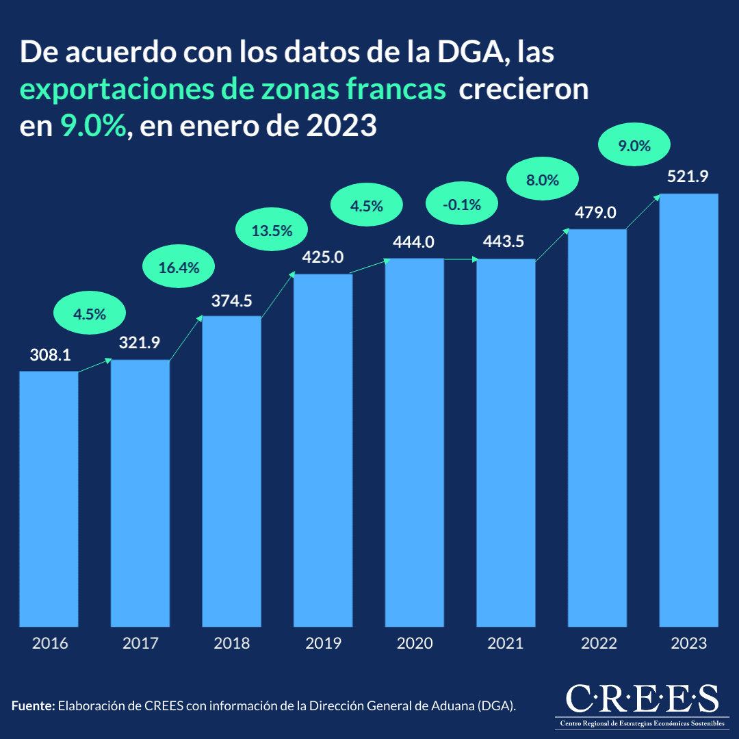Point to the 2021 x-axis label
pos(506,644)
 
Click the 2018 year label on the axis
pos(231,644)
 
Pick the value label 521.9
pos(688,177)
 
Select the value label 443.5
pos(506,242)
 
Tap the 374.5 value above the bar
pos(231,300)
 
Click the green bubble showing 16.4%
pos(179,268)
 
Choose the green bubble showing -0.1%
pos(462,205)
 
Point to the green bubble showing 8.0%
pos(543,181)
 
